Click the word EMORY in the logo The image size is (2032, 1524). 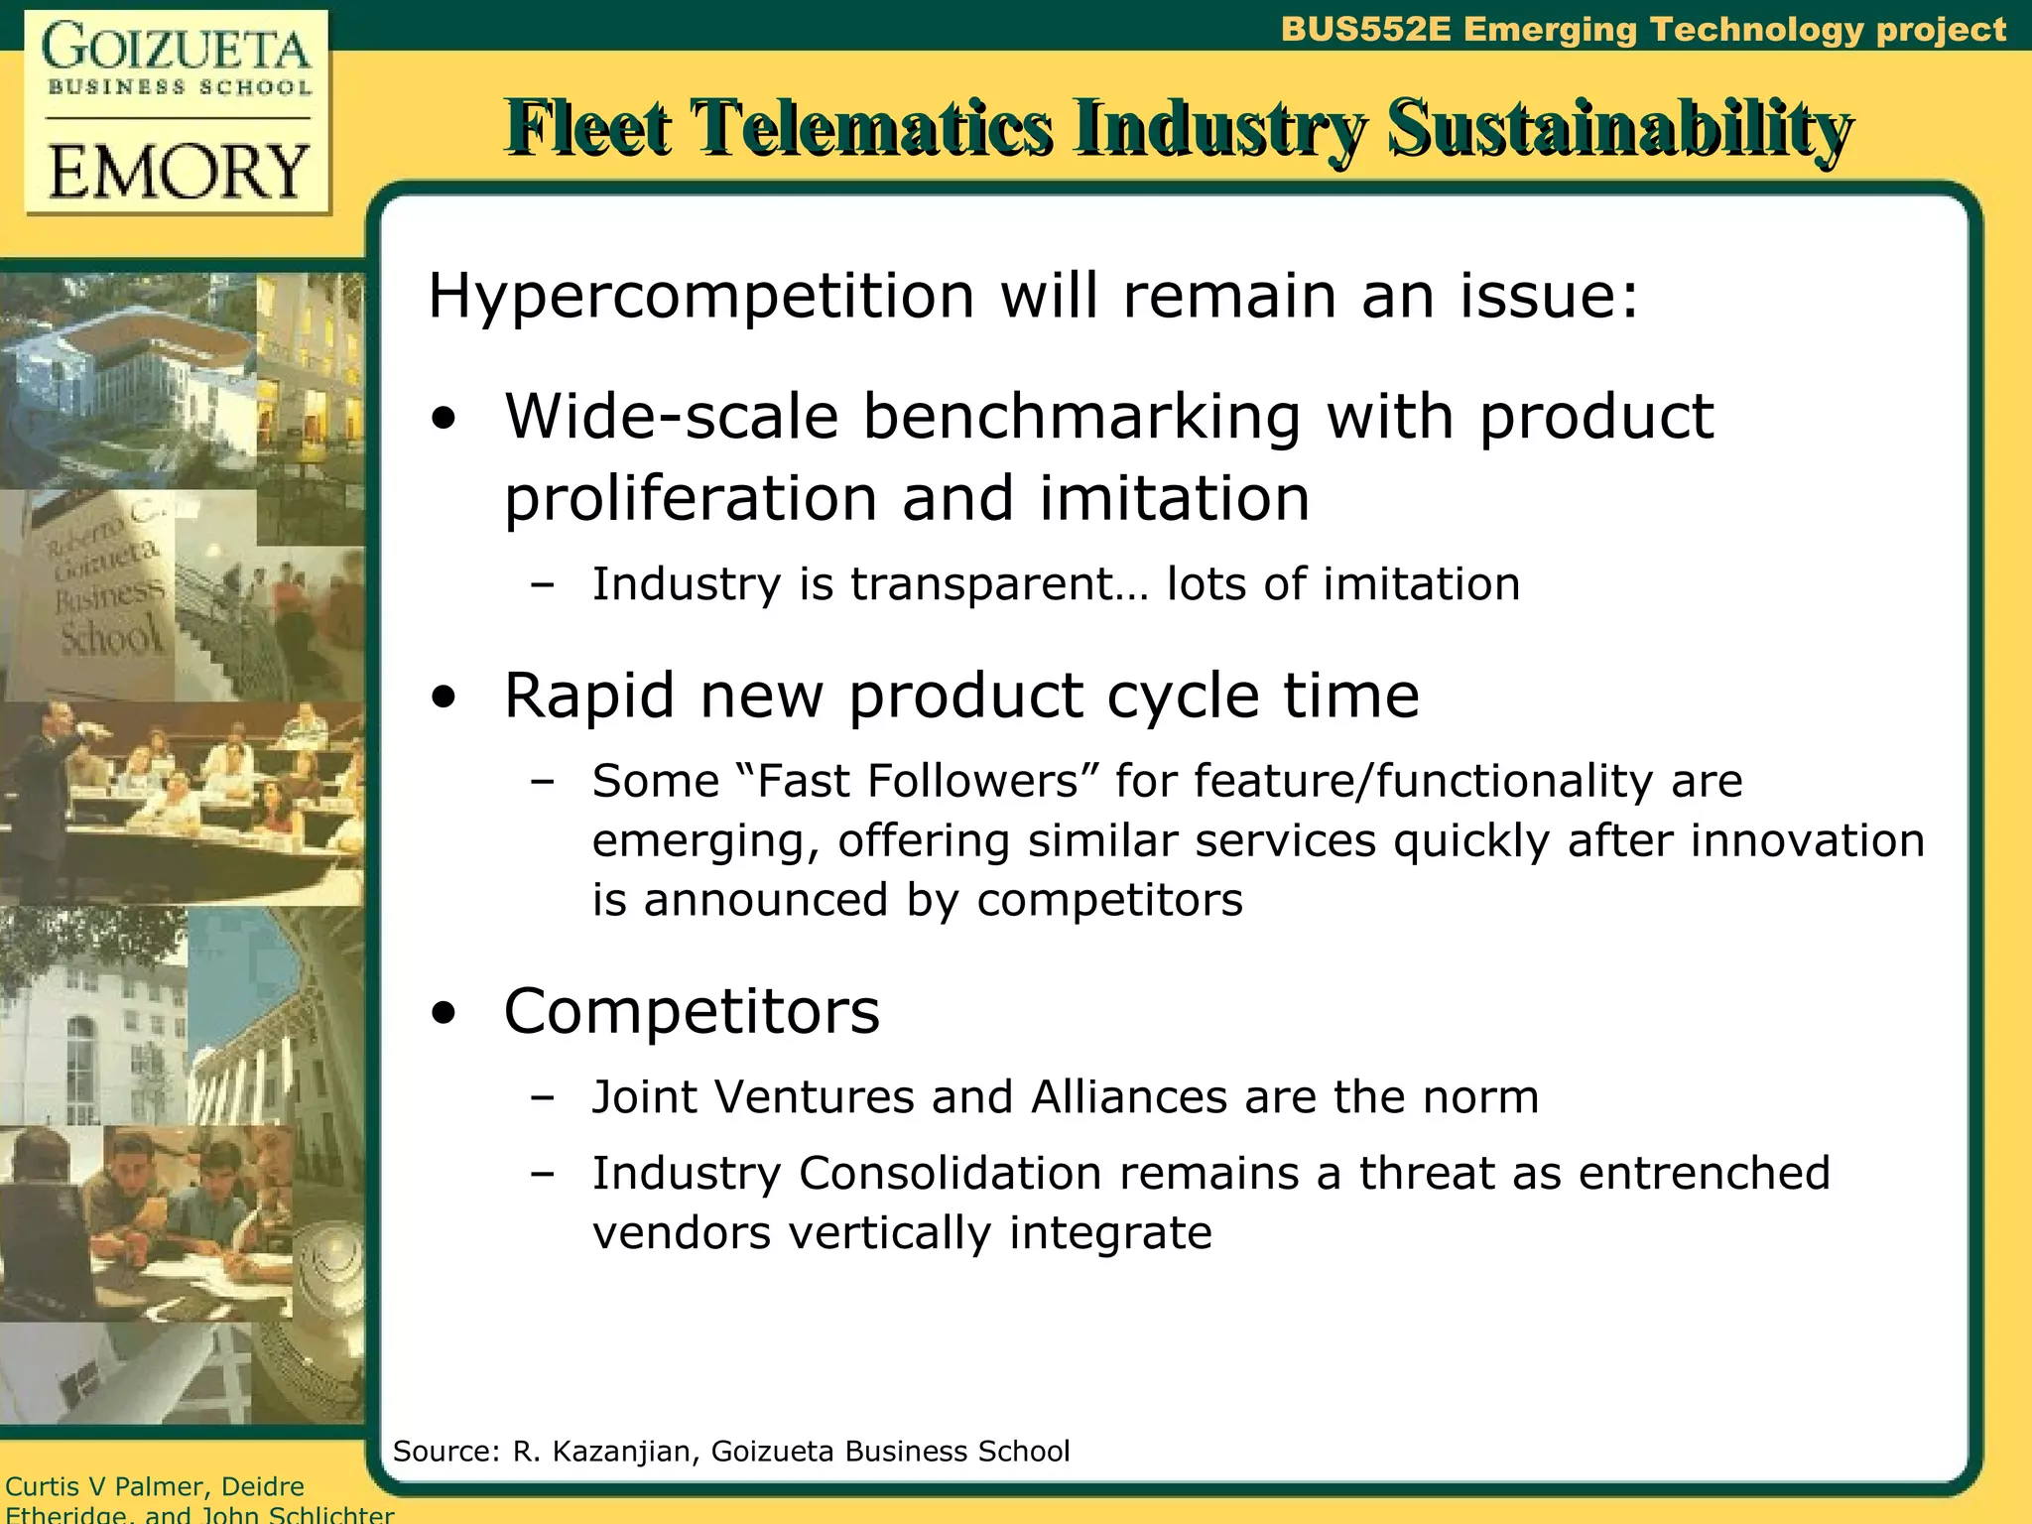(x=179, y=172)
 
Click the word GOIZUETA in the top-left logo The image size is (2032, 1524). (x=177, y=48)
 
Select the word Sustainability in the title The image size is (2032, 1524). (x=1618, y=129)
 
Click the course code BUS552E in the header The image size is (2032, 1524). (x=1365, y=30)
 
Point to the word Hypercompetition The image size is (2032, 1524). (x=701, y=296)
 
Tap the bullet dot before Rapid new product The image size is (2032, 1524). (x=444, y=697)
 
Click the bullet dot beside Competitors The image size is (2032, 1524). (x=444, y=1013)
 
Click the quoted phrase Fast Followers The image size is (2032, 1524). (x=918, y=781)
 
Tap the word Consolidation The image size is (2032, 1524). (x=950, y=1173)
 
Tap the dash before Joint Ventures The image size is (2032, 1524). (x=542, y=1097)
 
